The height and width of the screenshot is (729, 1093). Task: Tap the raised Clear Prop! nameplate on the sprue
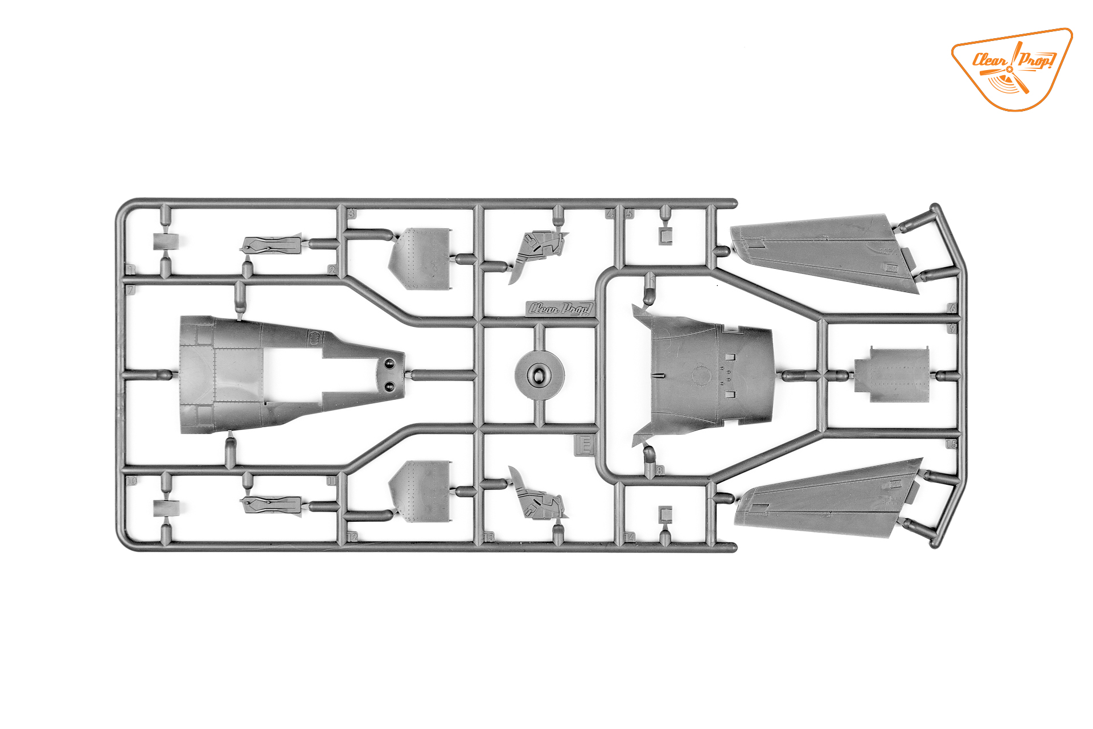click(x=561, y=309)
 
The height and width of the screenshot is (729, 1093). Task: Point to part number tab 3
click(x=352, y=214)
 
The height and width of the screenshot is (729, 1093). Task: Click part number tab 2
click(x=332, y=270)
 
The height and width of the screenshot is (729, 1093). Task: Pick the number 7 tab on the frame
click(x=131, y=290)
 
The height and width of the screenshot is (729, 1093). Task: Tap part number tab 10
click(x=131, y=481)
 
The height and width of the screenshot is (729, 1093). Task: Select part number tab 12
click(x=352, y=536)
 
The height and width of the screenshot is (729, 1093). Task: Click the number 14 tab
click(x=630, y=537)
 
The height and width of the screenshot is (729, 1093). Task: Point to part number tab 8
click(x=659, y=470)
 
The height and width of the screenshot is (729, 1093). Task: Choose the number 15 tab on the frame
click(x=952, y=444)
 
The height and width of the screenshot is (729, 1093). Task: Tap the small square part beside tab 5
click(x=665, y=235)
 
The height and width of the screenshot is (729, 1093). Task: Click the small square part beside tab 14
click(x=665, y=514)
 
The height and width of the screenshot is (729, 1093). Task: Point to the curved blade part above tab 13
click(x=538, y=495)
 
